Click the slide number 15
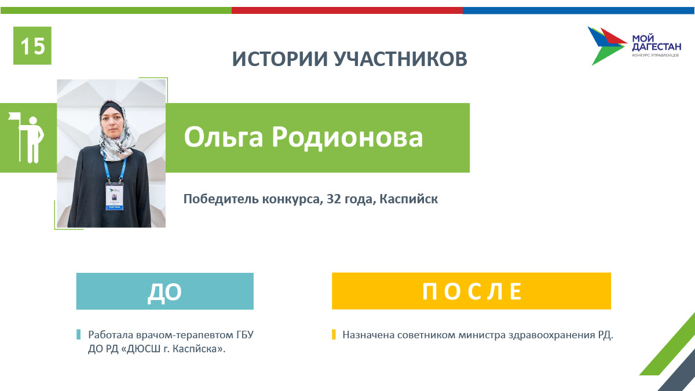pyautogui.click(x=32, y=46)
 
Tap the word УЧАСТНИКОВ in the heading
pyautogui.click(x=400, y=59)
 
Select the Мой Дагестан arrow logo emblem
pyautogui.click(x=607, y=46)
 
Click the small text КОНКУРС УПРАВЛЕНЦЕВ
pyautogui.click(x=655, y=55)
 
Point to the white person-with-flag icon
pyautogui.click(x=27, y=137)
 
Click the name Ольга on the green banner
pyautogui.click(x=224, y=137)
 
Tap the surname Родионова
pyautogui.click(x=347, y=137)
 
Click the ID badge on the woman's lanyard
pyautogui.click(x=114, y=196)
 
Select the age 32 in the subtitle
pyautogui.click(x=334, y=199)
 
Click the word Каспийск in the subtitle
pyautogui.click(x=409, y=199)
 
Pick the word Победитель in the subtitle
pyautogui.click(x=221, y=199)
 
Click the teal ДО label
pyautogui.click(x=164, y=291)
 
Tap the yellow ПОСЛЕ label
pyautogui.click(x=471, y=291)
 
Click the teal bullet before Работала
pyautogui.click(x=79, y=335)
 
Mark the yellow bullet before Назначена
pyautogui.click(x=334, y=335)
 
